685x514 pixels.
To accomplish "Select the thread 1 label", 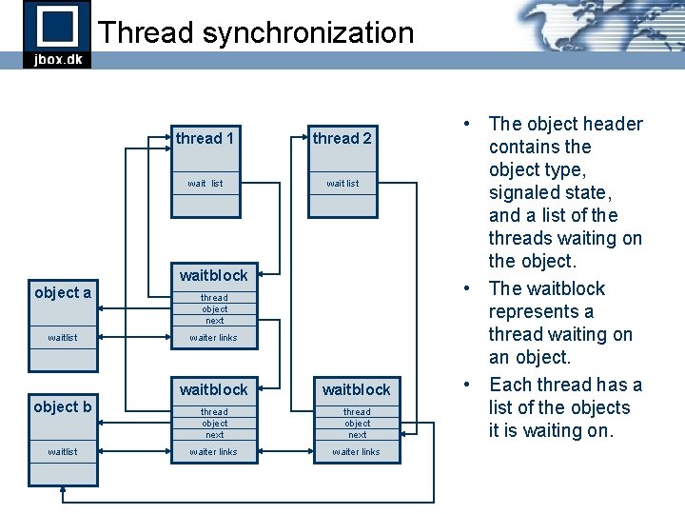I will click(x=205, y=139).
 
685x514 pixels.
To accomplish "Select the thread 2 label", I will click(x=342, y=139).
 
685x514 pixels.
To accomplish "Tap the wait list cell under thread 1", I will click(x=205, y=183).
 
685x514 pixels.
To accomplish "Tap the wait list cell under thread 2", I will click(x=342, y=183).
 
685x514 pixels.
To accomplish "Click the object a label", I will click(x=63, y=292).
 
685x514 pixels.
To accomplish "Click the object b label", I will click(x=63, y=406).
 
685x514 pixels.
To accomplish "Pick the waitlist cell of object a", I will click(x=63, y=337).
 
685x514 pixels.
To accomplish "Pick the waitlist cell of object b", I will click(x=63, y=451).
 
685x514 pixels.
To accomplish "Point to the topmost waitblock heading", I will click(x=213, y=276).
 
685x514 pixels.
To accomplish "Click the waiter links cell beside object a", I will click(x=213, y=337).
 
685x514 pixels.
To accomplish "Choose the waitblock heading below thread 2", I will click(x=356, y=390).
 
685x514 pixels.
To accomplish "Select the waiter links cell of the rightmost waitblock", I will click(x=356, y=451).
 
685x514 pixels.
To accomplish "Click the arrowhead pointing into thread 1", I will click(x=170, y=139).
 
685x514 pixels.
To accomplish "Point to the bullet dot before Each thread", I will click(x=469, y=385).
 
